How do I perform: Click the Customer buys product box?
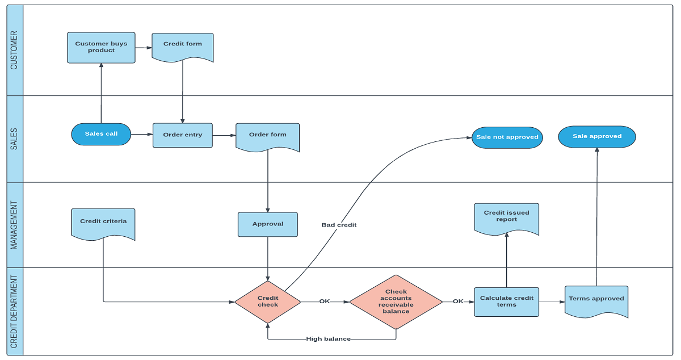[x=101, y=47]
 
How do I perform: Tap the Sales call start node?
[x=101, y=134]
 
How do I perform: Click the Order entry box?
[x=182, y=135]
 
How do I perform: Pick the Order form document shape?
[x=267, y=137]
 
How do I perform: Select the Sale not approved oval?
[x=507, y=137]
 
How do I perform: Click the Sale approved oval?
[x=596, y=136]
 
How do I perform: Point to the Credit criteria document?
[x=103, y=223]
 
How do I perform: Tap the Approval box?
[x=267, y=224]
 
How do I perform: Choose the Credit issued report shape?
[x=506, y=218]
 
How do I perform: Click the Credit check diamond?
[x=268, y=302]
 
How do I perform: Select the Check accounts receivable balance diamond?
[x=396, y=302]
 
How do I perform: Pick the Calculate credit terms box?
[x=506, y=302]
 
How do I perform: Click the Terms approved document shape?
[x=596, y=300]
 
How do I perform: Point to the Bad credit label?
[x=339, y=225]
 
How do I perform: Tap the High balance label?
[x=328, y=339]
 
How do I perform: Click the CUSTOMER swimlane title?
[x=14, y=50]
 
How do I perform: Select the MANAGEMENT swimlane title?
[x=14, y=225]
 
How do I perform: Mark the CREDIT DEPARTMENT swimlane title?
[x=14, y=311]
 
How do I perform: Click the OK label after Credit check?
[x=324, y=302]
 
